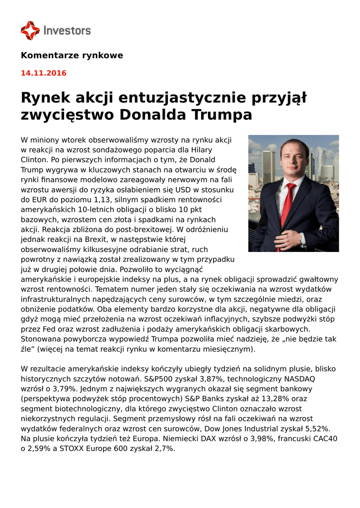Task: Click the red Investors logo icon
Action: click(x=30, y=30)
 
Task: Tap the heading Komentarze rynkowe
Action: click(x=72, y=55)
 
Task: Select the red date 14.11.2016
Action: click(x=44, y=73)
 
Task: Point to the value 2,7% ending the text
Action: click(x=164, y=448)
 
